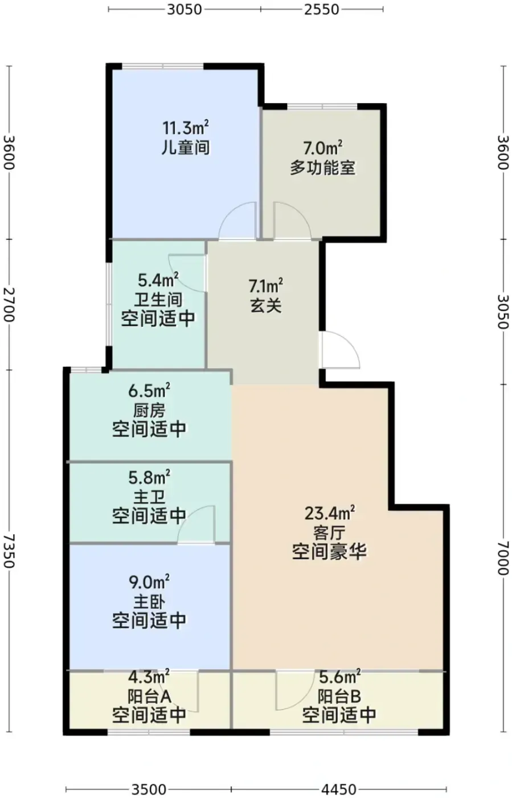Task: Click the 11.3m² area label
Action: [186, 127]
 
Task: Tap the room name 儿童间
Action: [186, 148]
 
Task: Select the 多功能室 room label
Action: [322, 167]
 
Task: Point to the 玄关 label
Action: [266, 306]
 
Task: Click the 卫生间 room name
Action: [158, 300]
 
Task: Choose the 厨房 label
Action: [149, 411]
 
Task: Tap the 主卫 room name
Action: [149, 498]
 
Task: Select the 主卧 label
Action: [149, 602]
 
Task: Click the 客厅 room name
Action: [329, 534]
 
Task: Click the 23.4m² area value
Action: [329, 514]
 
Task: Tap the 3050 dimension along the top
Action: [185, 10]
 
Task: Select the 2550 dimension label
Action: [322, 10]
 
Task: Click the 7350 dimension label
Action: [9, 551]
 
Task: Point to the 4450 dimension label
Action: [339, 789]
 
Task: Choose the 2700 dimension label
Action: [9, 304]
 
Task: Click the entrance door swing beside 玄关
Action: [341, 350]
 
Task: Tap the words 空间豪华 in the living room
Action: [329, 552]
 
